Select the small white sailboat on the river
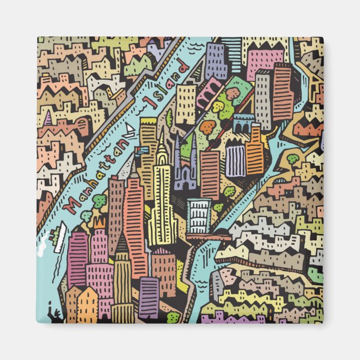click(129, 131)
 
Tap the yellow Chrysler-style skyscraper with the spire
click(162, 190)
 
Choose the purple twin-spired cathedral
click(184, 162)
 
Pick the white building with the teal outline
click(199, 216)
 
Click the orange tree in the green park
click(207, 128)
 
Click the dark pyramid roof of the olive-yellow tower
click(121, 244)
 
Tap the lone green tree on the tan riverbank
click(293, 159)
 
